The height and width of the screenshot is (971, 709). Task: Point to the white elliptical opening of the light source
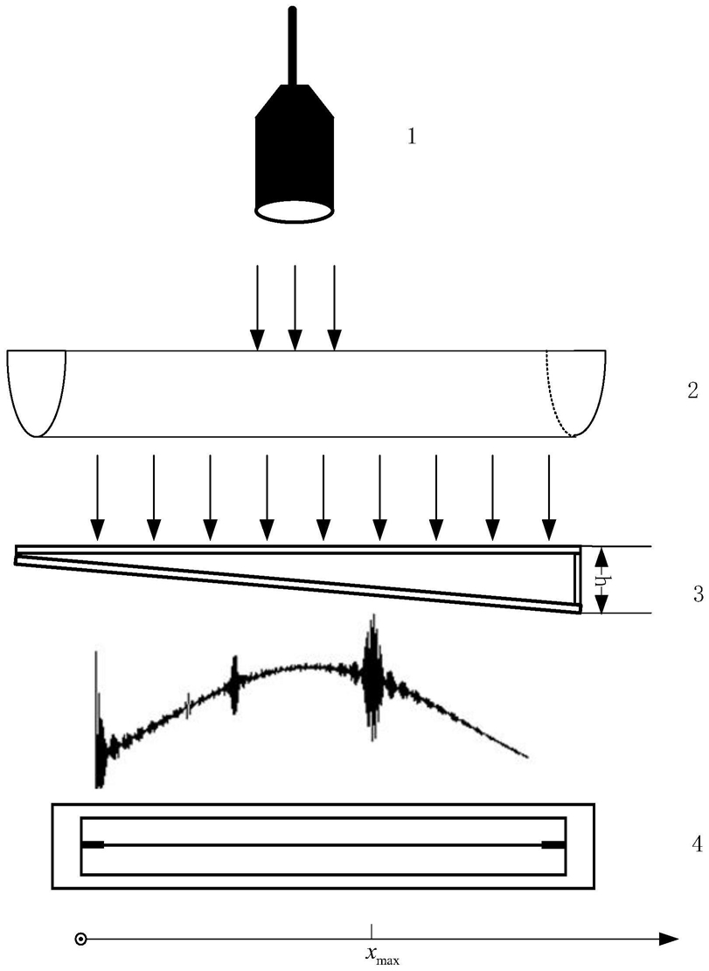[x=293, y=210]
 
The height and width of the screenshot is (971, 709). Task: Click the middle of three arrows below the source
[x=295, y=306]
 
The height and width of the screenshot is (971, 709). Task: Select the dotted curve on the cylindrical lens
[x=556, y=393]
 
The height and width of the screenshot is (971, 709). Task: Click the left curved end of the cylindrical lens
[x=35, y=393]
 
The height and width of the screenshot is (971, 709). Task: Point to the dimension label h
[x=600, y=580]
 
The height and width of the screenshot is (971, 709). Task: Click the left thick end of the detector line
[x=93, y=844]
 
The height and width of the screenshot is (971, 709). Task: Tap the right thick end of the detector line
[x=553, y=844]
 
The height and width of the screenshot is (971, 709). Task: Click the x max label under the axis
[x=382, y=957]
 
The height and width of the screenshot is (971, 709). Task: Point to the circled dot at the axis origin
[x=80, y=940]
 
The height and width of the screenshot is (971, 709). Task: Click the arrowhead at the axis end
[x=669, y=940]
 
